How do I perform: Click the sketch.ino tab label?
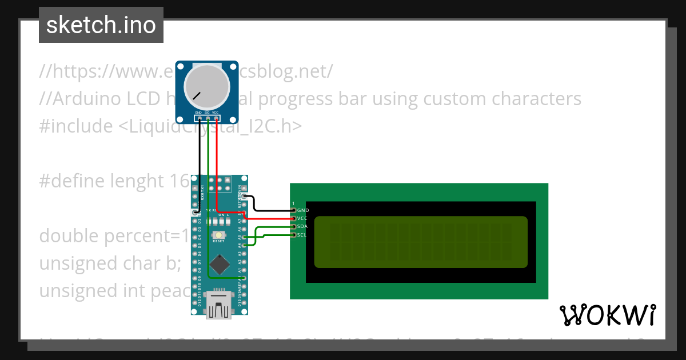(101, 25)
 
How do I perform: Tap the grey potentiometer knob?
(207, 87)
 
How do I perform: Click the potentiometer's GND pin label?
(198, 113)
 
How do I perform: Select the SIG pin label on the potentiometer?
(207, 113)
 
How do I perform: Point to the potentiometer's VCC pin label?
(216, 113)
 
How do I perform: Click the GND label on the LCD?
(303, 210)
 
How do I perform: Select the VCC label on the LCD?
(303, 218)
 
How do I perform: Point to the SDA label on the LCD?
(303, 226)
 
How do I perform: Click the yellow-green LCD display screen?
(420, 242)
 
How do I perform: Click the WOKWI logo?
(607, 315)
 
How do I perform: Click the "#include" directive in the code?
(76, 126)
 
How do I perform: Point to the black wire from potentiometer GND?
(199, 166)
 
